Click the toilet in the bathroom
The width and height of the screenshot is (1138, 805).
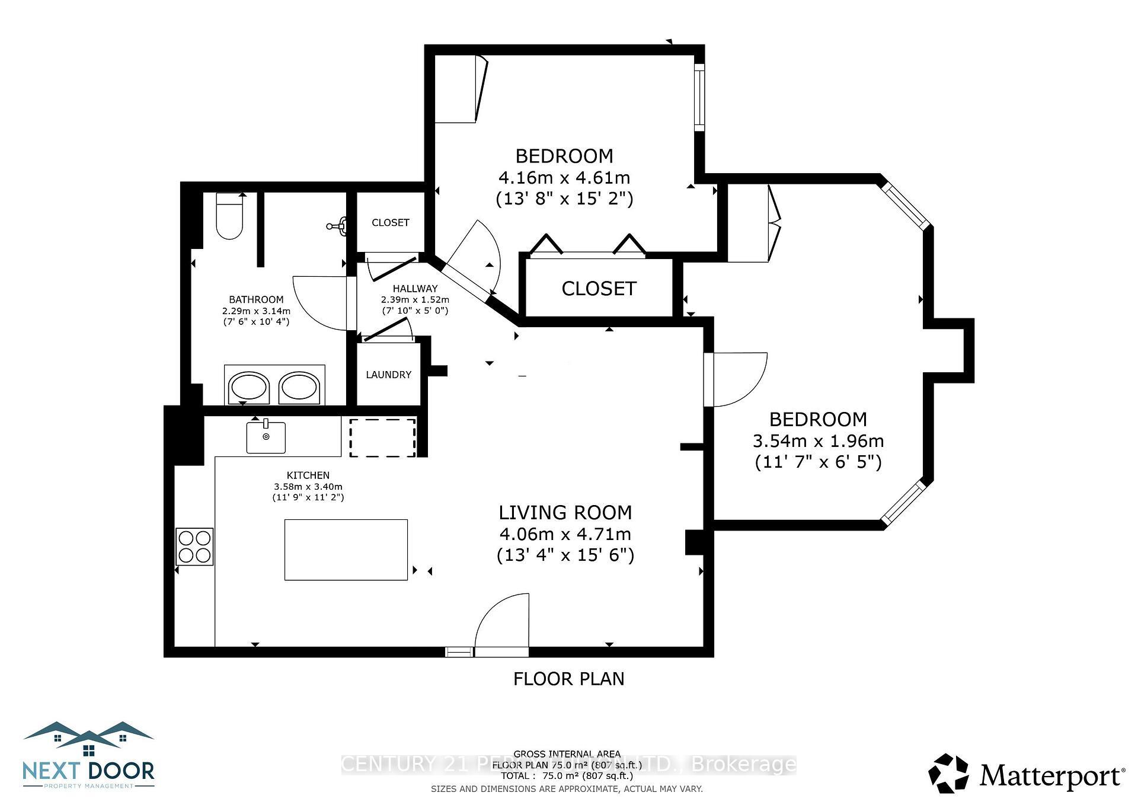[x=229, y=216]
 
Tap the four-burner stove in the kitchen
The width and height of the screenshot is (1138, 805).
[x=194, y=546]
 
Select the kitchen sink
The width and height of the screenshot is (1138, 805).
[x=266, y=437]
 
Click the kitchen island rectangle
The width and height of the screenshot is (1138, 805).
[x=346, y=550]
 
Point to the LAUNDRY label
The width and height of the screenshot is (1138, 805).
[x=388, y=375]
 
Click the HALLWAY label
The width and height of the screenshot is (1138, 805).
[x=415, y=289]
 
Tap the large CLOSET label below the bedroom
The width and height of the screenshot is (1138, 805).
[x=599, y=289]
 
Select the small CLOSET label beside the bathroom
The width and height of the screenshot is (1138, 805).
[x=390, y=222]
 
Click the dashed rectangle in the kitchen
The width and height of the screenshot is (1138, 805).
[x=382, y=437]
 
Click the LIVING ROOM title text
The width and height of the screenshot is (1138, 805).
[x=565, y=512]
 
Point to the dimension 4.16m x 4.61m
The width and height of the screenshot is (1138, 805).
[x=564, y=177]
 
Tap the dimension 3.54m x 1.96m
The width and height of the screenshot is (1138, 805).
[x=818, y=441]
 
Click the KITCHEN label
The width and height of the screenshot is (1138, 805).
[x=308, y=475]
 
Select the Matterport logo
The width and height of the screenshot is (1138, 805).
[x=1026, y=773]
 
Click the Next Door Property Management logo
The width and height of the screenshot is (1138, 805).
[x=88, y=756]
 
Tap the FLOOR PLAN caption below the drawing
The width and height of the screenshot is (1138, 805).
[x=568, y=679]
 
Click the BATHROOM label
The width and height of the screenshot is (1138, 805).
[x=256, y=300]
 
